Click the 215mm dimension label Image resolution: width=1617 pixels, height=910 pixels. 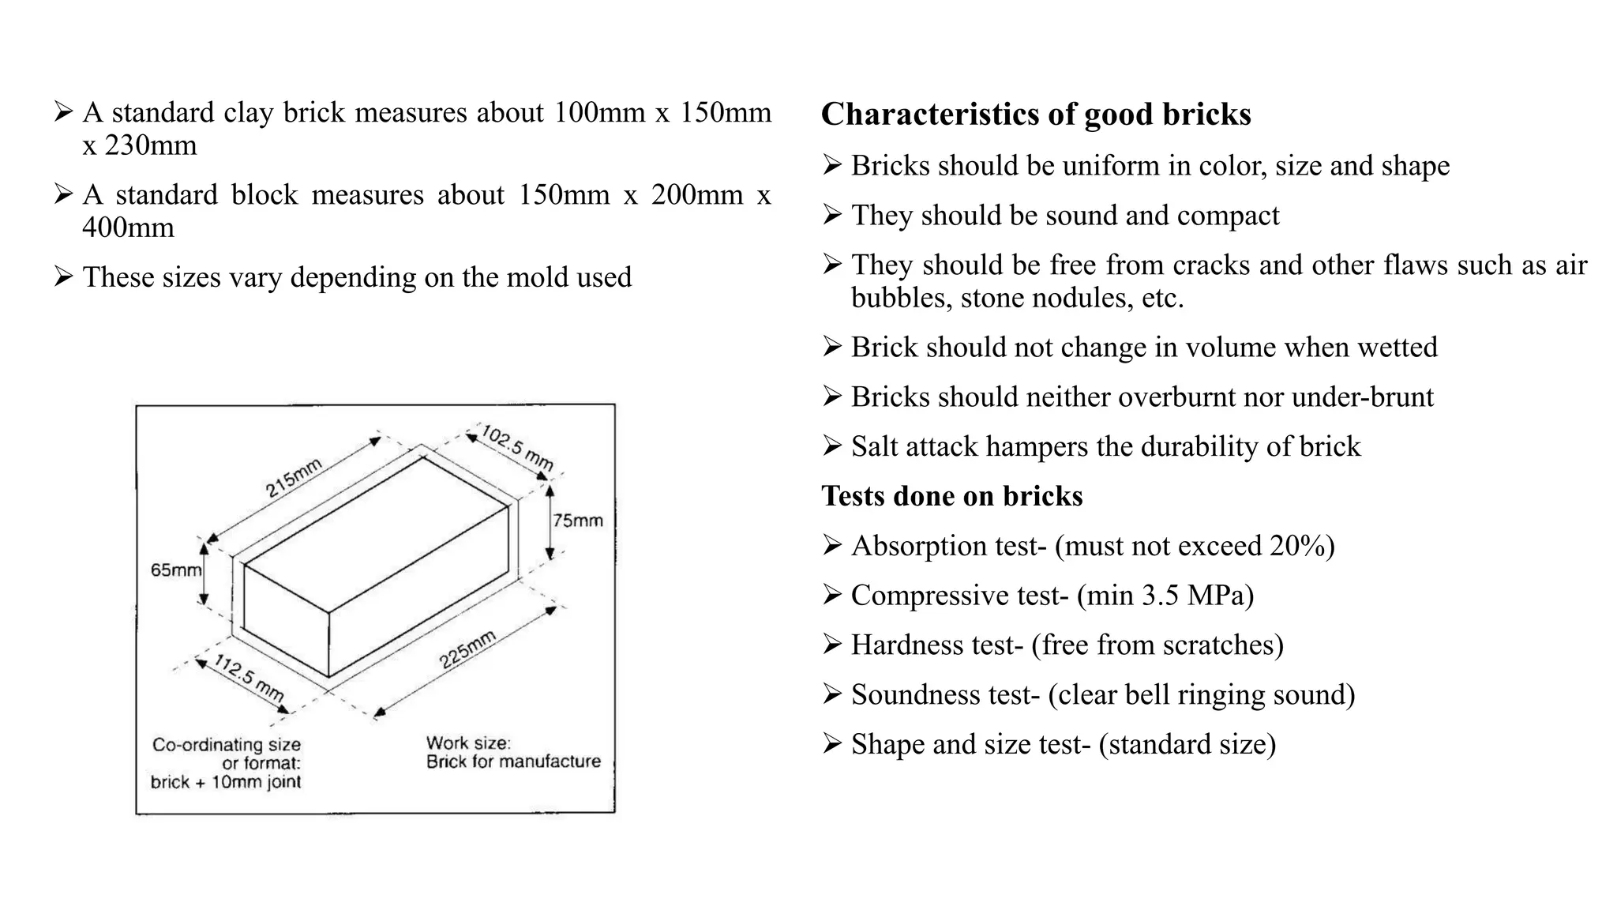pyautogui.click(x=293, y=478)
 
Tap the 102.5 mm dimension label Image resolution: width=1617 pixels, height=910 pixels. pyautogui.click(x=517, y=448)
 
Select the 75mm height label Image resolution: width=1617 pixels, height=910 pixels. pyautogui.click(x=577, y=521)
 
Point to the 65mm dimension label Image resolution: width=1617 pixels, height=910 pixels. pyautogui.click(x=175, y=570)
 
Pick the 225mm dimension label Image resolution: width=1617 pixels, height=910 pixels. pyautogui.click(x=467, y=650)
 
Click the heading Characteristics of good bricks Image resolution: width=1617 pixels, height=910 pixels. pyautogui.click(x=1035, y=115)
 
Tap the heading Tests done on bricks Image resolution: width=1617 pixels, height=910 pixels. pyautogui.click(x=951, y=496)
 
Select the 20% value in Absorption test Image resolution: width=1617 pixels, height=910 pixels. pyautogui.click(x=1294, y=546)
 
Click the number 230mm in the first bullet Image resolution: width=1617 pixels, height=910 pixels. pyautogui.click(x=150, y=146)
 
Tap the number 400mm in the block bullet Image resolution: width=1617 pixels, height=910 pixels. pyautogui.click(x=128, y=228)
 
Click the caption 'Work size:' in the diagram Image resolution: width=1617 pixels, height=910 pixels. pyautogui.click(x=468, y=743)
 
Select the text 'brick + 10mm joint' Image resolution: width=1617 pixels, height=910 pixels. pyautogui.click(x=226, y=782)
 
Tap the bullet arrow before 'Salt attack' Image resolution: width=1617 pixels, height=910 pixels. pyautogui.click(x=832, y=446)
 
